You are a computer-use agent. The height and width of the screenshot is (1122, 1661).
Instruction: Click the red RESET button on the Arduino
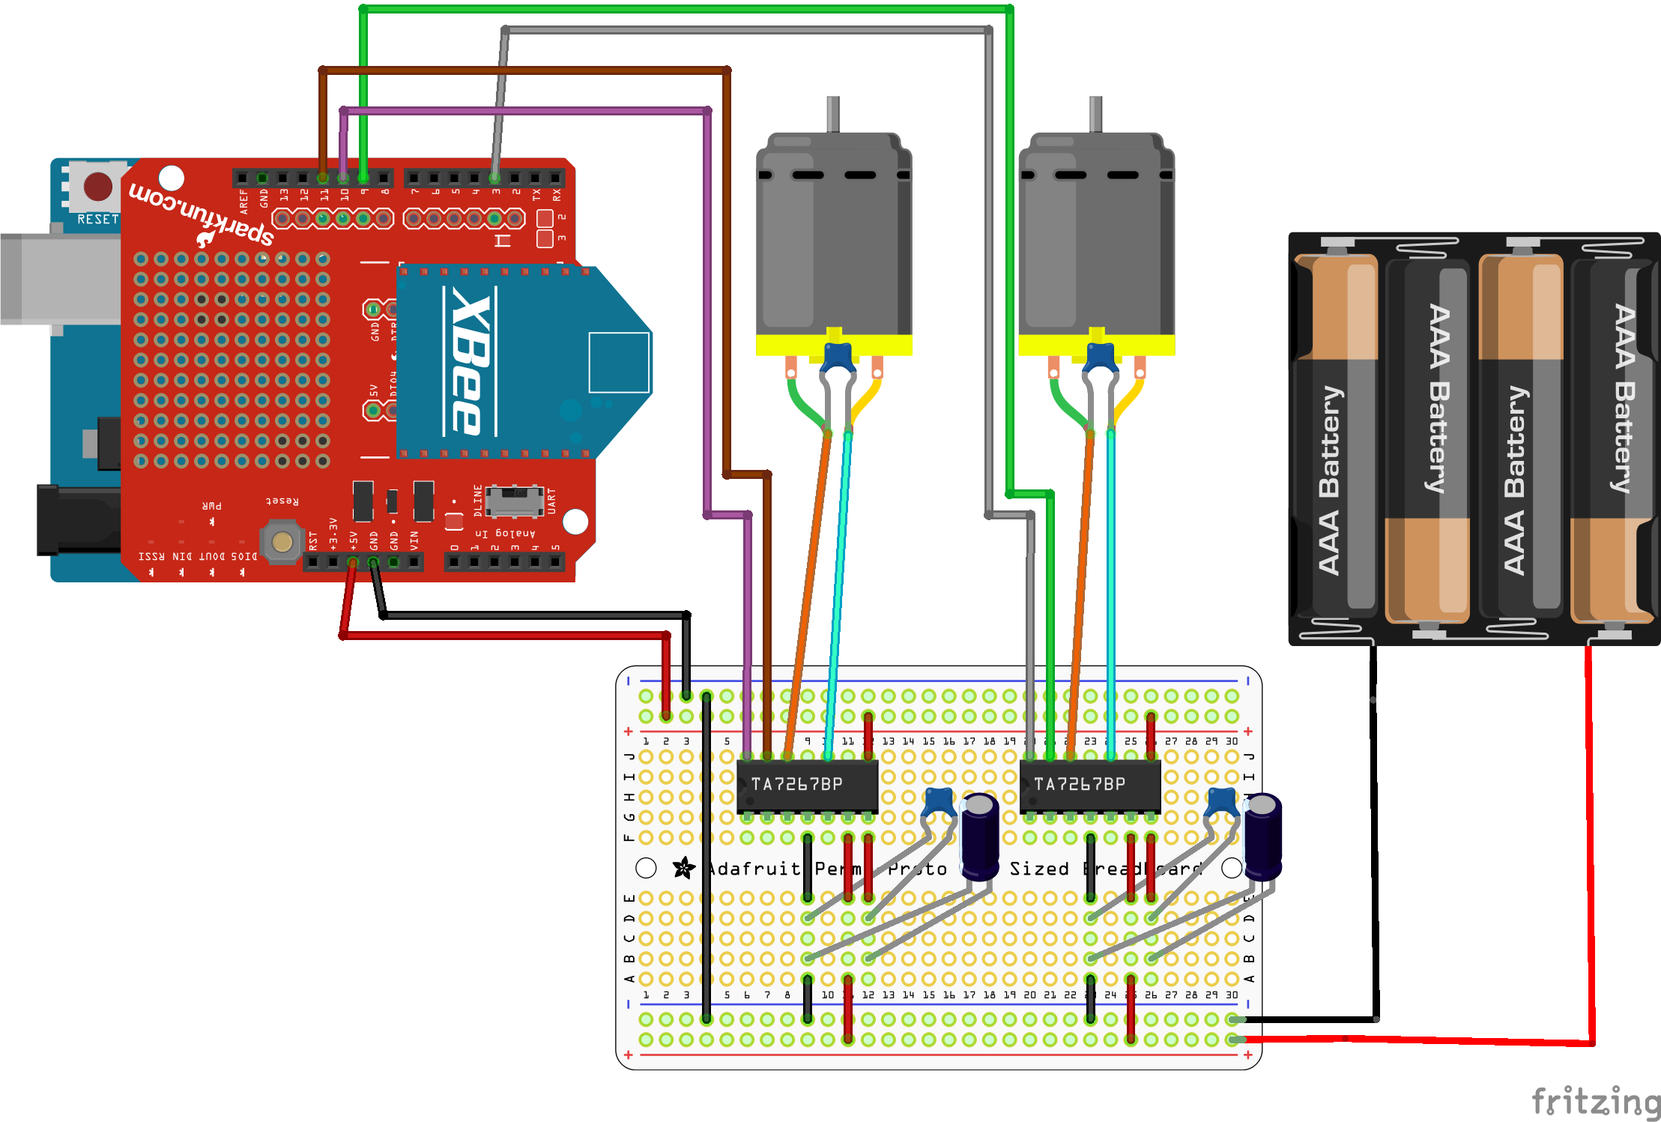point(97,187)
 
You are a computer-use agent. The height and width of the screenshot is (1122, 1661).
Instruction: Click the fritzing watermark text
point(1595,1102)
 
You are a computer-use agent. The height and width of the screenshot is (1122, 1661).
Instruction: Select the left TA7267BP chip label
point(797,784)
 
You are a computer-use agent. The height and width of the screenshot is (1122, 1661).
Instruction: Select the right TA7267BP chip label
point(1080,784)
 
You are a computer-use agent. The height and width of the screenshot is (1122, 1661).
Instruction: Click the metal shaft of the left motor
point(832,114)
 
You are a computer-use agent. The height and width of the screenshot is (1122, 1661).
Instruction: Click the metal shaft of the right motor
point(1095,114)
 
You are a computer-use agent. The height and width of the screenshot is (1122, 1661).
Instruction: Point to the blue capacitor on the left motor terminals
point(838,356)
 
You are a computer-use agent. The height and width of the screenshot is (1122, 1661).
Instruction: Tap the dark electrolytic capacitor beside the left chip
point(979,836)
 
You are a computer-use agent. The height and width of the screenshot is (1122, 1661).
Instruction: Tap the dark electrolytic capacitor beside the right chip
point(1262,836)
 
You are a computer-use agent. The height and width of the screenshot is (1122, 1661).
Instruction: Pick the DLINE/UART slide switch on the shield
point(514,501)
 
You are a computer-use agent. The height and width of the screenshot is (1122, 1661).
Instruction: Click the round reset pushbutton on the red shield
point(282,541)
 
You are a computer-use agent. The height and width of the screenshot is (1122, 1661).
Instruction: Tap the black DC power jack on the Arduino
point(75,520)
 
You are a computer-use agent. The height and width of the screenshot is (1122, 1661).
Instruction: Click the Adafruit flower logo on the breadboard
point(683,868)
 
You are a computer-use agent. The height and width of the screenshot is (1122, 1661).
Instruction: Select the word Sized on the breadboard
point(1038,869)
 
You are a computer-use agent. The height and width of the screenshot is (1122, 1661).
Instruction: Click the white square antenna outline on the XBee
point(619,363)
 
